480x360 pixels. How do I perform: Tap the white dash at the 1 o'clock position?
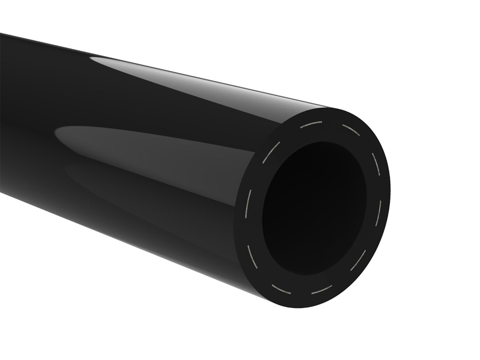tap(351, 130)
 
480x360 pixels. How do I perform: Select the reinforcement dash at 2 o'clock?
tap(376, 163)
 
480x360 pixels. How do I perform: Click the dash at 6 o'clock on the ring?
tap(321, 290)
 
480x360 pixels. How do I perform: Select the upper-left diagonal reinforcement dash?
tap(271, 152)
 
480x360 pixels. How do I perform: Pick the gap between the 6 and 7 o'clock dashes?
tap(300, 292)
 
